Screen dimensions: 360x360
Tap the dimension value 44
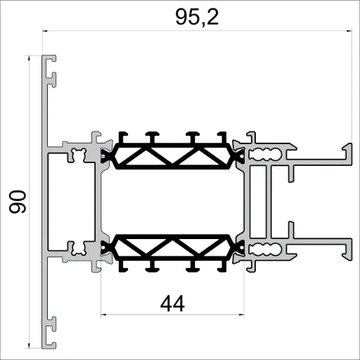(x=172, y=304)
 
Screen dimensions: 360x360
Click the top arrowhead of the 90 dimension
(x=29, y=58)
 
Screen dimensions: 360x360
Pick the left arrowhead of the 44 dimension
(x=105, y=312)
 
